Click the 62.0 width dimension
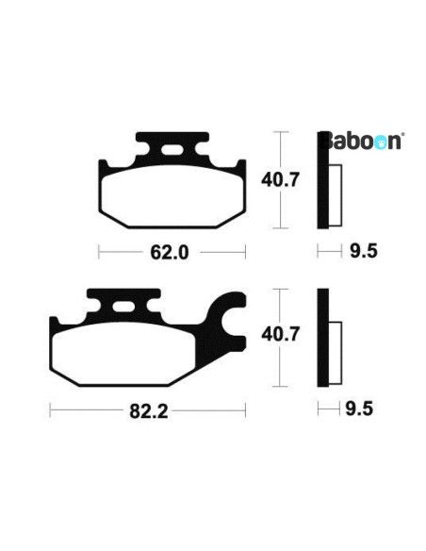point(170,252)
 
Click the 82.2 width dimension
point(149,410)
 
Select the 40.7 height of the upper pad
point(280,180)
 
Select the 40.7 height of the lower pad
point(280,334)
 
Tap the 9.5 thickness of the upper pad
point(364,251)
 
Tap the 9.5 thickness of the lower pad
point(359,409)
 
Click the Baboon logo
point(361,142)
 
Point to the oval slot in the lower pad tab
point(123,308)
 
